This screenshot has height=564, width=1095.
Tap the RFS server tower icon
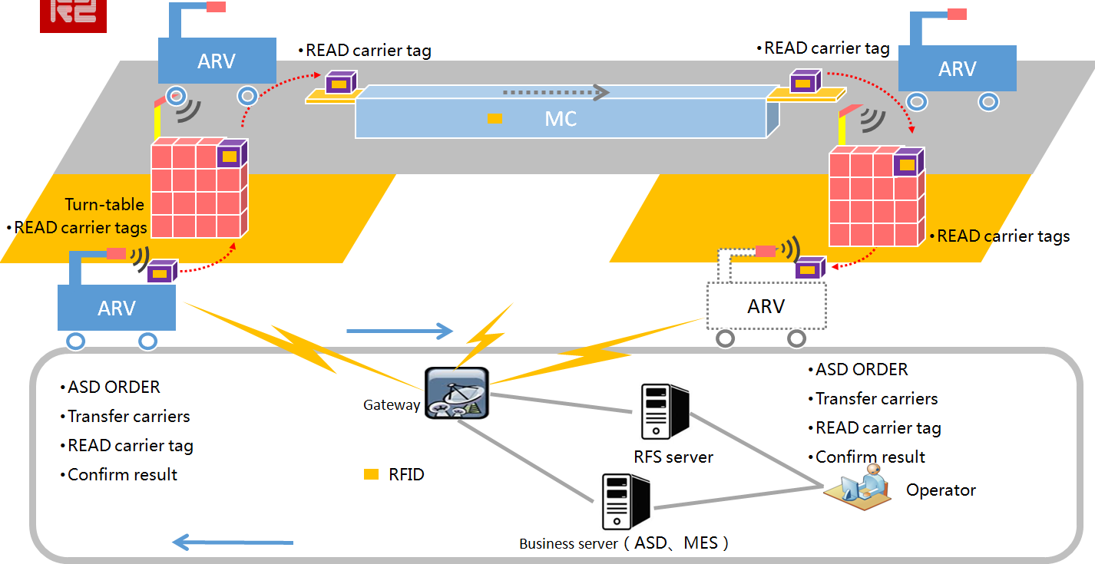pyautogui.click(x=665, y=411)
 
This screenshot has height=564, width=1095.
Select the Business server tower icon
pyautogui.click(x=624, y=501)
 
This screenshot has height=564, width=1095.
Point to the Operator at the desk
pyautogui.click(x=858, y=486)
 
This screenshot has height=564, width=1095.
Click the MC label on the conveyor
pyautogui.click(x=561, y=118)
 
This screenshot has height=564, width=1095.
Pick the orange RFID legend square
pyautogui.click(x=371, y=475)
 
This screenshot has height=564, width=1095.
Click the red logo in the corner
pyautogui.click(x=73, y=16)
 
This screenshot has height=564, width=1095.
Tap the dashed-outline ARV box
pyautogui.click(x=766, y=306)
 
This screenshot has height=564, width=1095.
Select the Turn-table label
pyautogui.click(x=104, y=204)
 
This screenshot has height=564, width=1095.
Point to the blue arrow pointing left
pyautogui.click(x=233, y=543)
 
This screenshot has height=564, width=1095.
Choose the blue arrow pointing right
pyautogui.click(x=399, y=331)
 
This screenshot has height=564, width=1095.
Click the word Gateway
pyautogui.click(x=392, y=405)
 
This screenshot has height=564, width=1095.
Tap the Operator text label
pyautogui.click(x=941, y=490)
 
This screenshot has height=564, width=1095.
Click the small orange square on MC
pyautogui.click(x=495, y=118)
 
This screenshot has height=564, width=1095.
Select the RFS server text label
pyautogui.click(x=673, y=457)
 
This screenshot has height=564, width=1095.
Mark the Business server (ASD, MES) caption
pyautogui.click(x=624, y=543)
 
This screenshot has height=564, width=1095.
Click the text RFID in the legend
pyautogui.click(x=406, y=475)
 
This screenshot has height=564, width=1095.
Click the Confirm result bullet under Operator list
pyautogui.click(x=869, y=457)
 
